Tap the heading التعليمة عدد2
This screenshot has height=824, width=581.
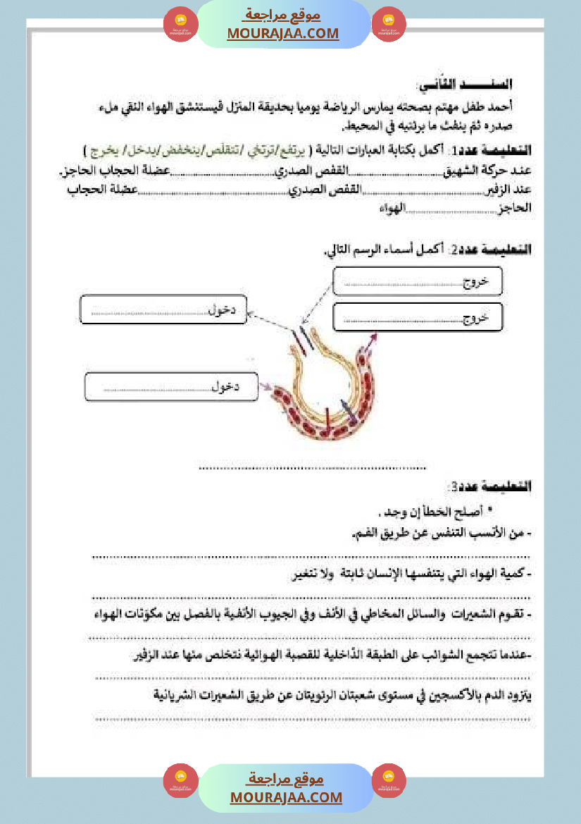point(497,250)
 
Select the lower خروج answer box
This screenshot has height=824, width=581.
point(417,319)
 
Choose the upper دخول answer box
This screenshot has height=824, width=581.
point(163,309)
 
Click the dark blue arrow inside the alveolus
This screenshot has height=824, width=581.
point(345,408)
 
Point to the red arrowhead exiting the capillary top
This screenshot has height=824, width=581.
point(373,336)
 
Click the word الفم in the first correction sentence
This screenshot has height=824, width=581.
point(363,534)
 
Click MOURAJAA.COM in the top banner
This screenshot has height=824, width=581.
point(283,33)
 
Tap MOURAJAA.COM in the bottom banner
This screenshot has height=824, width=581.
point(286,797)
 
